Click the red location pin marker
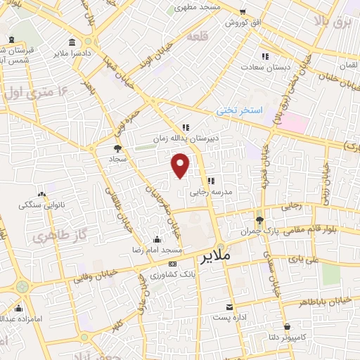pos(181,165)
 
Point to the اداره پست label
pos(229,318)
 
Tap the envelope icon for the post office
pos(229,307)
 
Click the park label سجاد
pos(117,160)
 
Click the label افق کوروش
pos(243,22)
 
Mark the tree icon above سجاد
pos(117,148)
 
